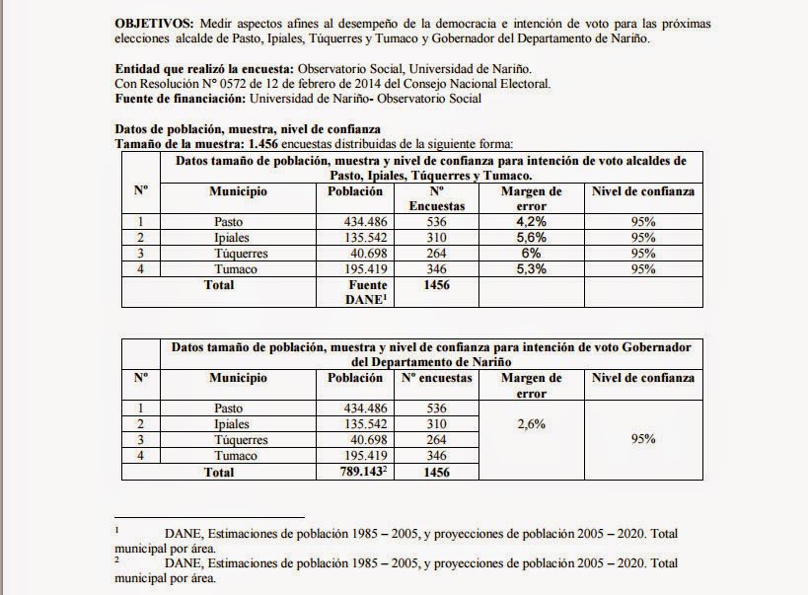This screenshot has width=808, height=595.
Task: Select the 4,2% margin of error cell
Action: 531,223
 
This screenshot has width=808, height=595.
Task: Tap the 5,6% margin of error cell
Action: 531,238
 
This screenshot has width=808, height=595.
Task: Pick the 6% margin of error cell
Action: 531,254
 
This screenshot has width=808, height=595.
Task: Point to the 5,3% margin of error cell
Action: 531,269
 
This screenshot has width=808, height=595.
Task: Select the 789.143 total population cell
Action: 353,473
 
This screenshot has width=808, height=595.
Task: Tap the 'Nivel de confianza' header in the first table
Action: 643,191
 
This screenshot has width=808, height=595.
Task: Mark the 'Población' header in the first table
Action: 354,191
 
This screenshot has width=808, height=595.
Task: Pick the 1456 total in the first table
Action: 435,285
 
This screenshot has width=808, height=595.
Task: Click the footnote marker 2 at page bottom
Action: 117,559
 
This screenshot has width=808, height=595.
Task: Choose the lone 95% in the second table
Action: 643,439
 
